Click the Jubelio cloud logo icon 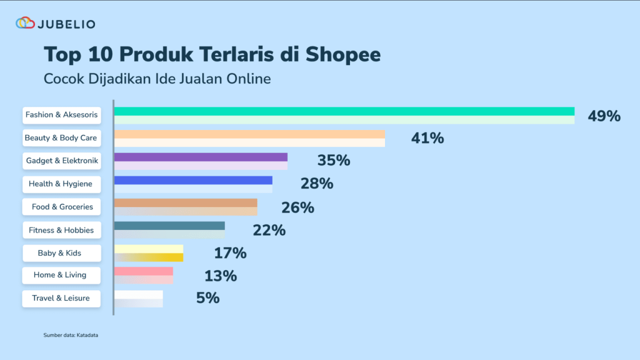click(x=25, y=23)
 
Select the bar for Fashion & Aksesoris click(x=344, y=115)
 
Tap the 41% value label click(x=427, y=138)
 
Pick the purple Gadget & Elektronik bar click(x=200, y=161)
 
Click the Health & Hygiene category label click(x=61, y=184)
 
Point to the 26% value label click(x=297, y=207)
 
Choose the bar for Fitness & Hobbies click(x=169, y=230)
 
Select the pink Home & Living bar click(x=143, y=275)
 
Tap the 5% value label click(x=208, y=298)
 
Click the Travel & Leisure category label click(x=61, y=298)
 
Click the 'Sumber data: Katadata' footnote click(x=70, y=335)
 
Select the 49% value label click(x=604, y=116)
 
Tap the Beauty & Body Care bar click(x=249, y=138)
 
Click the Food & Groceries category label click(x=62, y=207)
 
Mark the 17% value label click(x=230, y=253)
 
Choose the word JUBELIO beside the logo click(x=66, y=23)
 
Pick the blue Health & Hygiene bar click(x=193, y=184)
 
